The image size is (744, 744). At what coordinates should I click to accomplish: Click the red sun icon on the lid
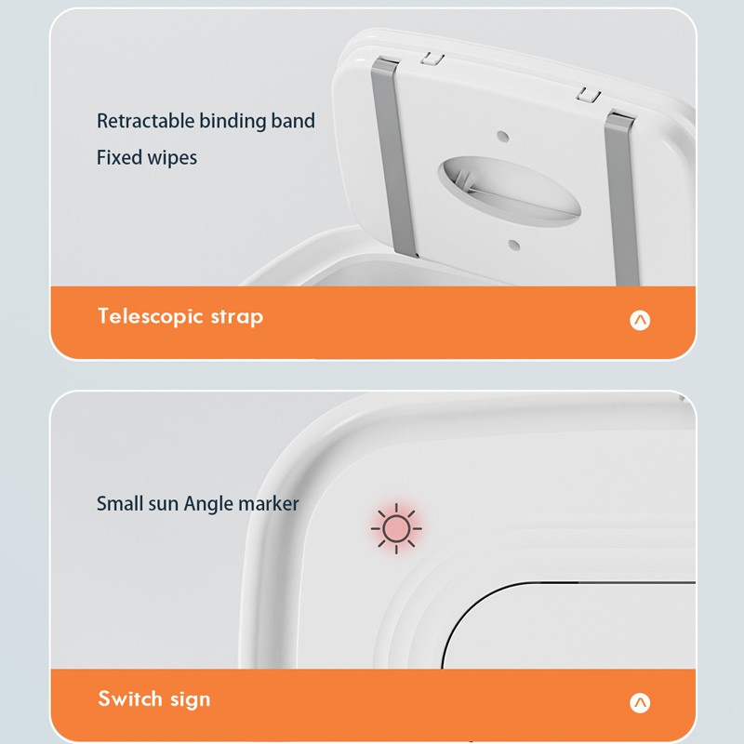tap(396, 528)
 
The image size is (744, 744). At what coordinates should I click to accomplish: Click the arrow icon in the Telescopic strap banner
tap(640, 320)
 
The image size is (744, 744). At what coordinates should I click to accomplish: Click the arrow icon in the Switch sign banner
tap(640, 702)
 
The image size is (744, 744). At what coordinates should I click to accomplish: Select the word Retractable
tap(145, 121)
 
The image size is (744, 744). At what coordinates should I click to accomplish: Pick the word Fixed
tap(118, 157)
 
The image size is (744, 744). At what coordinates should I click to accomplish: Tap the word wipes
tap(171, 158)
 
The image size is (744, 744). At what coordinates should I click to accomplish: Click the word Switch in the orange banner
tap(128, 698)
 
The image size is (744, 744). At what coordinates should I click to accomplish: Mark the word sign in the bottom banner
tap(189, 699)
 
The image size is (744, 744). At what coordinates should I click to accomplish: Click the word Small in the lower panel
tap(120, 504)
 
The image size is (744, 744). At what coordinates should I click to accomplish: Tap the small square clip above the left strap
tap(430, 58)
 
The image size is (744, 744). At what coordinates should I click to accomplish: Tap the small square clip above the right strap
tap(587, 93)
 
